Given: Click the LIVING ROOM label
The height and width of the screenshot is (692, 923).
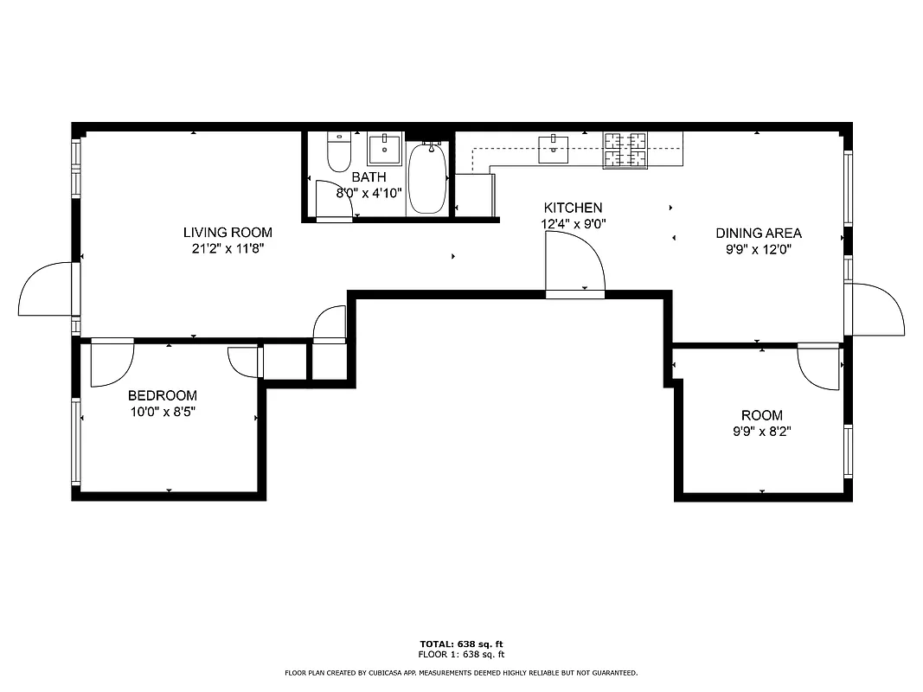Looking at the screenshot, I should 228,233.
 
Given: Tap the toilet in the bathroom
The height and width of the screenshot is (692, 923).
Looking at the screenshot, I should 338,153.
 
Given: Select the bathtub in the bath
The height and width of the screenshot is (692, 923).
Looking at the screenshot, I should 426,179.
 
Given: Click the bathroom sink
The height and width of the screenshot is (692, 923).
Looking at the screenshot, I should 384,150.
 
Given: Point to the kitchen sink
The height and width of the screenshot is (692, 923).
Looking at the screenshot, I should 553,149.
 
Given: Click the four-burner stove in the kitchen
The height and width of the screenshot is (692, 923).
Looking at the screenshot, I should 625,150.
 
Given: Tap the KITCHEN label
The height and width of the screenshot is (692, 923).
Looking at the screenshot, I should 573,208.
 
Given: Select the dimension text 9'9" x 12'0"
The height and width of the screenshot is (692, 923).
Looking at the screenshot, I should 759,249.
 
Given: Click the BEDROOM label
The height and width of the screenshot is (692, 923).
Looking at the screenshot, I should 163,396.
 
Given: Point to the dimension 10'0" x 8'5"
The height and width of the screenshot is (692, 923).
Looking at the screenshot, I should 163,412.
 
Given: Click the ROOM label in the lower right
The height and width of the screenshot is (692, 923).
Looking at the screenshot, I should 761,415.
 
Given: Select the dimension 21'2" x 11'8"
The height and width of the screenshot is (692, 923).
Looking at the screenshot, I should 228,248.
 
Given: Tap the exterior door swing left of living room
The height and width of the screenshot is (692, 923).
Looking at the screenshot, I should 45,291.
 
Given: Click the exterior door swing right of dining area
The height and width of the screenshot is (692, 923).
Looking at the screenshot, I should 878,309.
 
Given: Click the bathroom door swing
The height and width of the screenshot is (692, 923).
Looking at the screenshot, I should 333,200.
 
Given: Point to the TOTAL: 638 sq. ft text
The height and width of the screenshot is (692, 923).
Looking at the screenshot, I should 461,644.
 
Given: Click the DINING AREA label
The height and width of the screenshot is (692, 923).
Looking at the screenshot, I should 759,234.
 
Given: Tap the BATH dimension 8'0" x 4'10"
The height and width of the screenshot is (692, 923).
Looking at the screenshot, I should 369,193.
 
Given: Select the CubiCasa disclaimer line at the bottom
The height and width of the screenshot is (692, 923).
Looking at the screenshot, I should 461,672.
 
